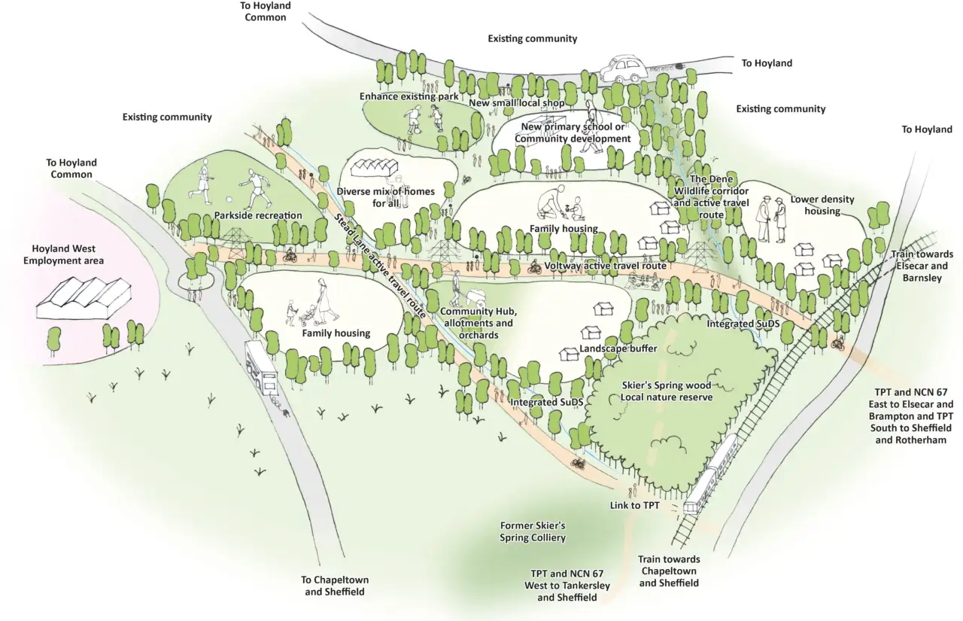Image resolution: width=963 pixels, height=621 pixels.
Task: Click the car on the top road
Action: (630, 69)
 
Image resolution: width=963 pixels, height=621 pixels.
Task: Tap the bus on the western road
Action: (261, 370)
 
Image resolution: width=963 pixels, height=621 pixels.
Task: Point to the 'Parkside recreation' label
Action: (257, 215)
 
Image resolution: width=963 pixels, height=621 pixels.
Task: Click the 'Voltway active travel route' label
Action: (605, 266)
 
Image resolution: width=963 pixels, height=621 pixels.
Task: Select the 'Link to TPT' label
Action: (634, 506)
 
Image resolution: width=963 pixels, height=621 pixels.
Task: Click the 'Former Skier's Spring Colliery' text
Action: (532, 531)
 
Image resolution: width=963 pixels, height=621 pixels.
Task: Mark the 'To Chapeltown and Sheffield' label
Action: (335, 586)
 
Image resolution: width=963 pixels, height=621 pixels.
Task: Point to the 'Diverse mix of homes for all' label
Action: (385, 197)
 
